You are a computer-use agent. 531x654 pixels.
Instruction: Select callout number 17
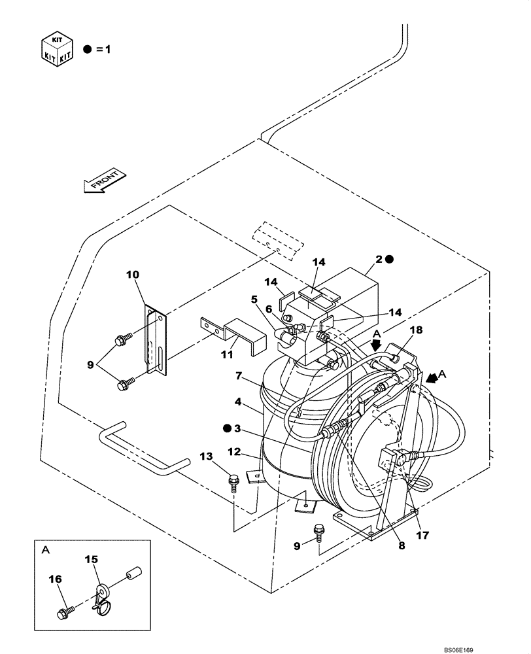pos(423,534)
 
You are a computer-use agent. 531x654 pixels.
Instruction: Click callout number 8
pos(401,543)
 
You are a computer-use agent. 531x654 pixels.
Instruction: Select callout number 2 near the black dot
pos(377,259)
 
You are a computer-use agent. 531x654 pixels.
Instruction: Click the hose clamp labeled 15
pos(102,597)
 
